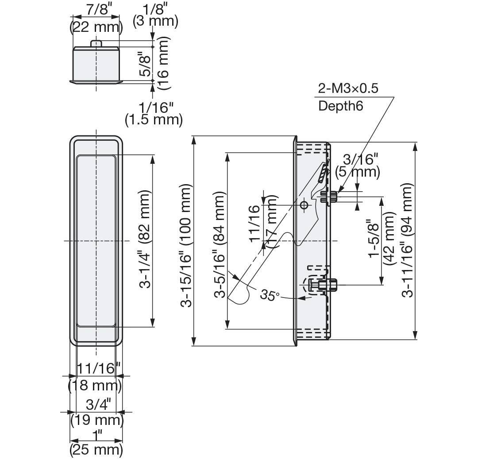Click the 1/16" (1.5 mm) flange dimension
click(154, 113)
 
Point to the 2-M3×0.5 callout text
click(348, 89)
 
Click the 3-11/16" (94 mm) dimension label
click(407, 239)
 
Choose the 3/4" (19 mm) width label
click(96, 412)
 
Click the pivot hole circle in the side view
click(303, 205)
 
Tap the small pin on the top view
click(96, 43)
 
